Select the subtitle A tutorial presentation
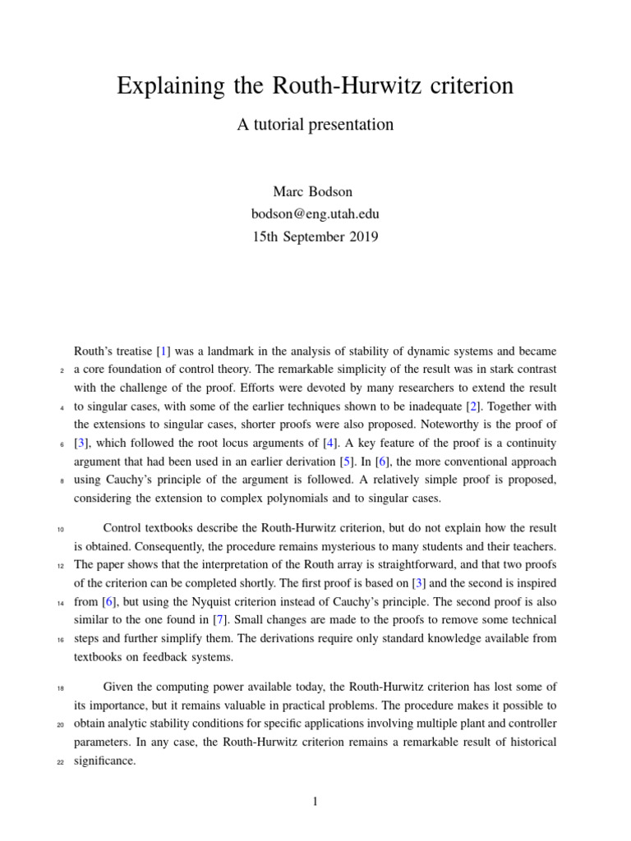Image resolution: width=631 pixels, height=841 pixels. (315, 125)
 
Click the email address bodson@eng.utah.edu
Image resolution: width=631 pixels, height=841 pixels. (315, 214)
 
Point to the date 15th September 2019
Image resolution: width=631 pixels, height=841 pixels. (315, 237)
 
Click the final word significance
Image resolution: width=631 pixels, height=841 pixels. (104, 761)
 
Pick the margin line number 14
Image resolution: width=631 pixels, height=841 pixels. (61, 602)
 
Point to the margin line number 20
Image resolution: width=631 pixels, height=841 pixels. (61, 724)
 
